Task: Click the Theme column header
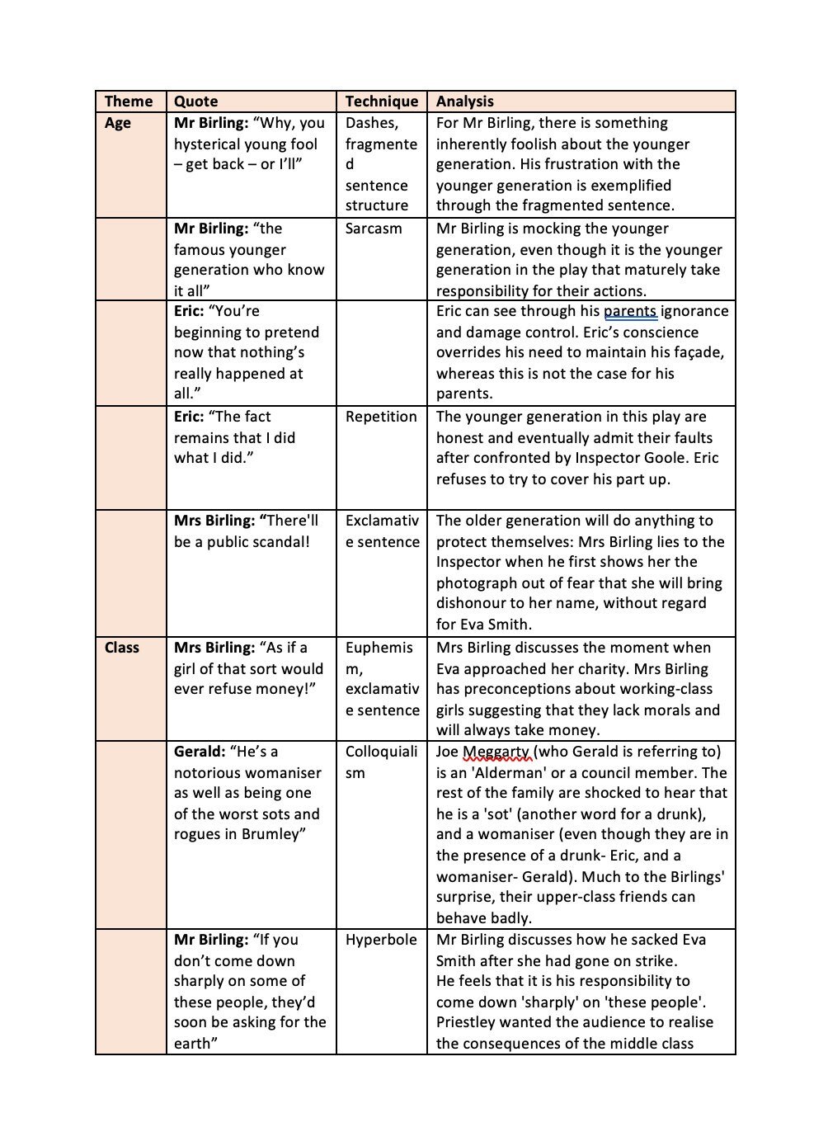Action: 129,101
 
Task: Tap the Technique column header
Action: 382,101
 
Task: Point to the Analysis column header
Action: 465,101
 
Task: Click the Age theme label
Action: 118,123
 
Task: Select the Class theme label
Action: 122,648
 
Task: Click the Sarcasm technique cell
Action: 374,229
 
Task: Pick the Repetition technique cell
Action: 381,417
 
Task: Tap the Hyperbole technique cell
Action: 381,940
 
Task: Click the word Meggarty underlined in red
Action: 496,752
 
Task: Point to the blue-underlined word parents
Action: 630,311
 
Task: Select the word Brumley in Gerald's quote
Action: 272,834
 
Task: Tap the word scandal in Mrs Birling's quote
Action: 278,542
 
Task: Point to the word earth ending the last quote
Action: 193,1044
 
